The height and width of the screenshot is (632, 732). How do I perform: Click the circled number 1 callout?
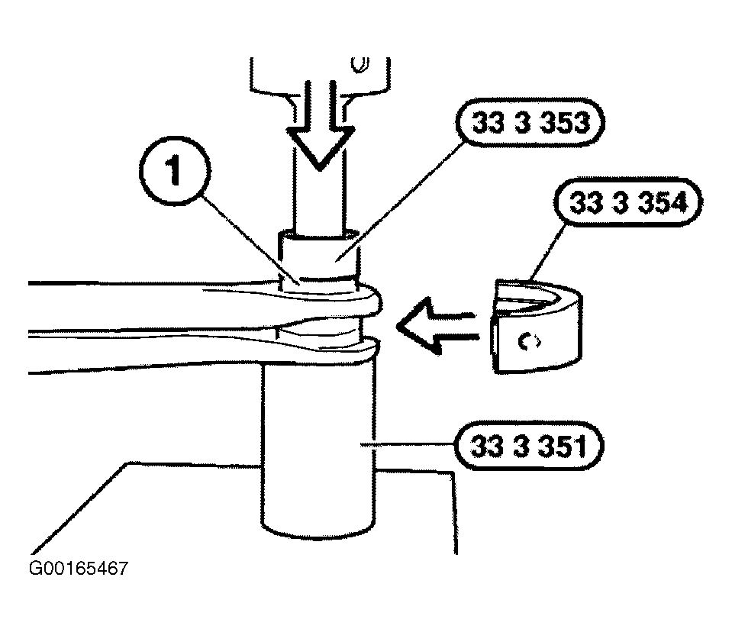click(175, 171)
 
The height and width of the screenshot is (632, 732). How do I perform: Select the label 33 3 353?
click(530, 123)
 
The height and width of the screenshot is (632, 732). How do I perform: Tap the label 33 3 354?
click(628, 202)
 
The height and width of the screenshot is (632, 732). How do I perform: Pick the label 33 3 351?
click(529, 446)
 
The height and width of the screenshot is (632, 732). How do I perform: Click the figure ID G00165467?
click(78, 569)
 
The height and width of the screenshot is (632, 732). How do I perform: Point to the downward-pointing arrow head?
click(321, 147)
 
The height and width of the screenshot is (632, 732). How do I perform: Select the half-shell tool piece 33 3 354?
click(537, 326)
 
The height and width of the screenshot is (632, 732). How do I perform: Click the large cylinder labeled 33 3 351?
click(318, 448)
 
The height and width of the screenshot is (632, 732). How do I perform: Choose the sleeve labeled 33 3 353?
click(319, 256)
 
